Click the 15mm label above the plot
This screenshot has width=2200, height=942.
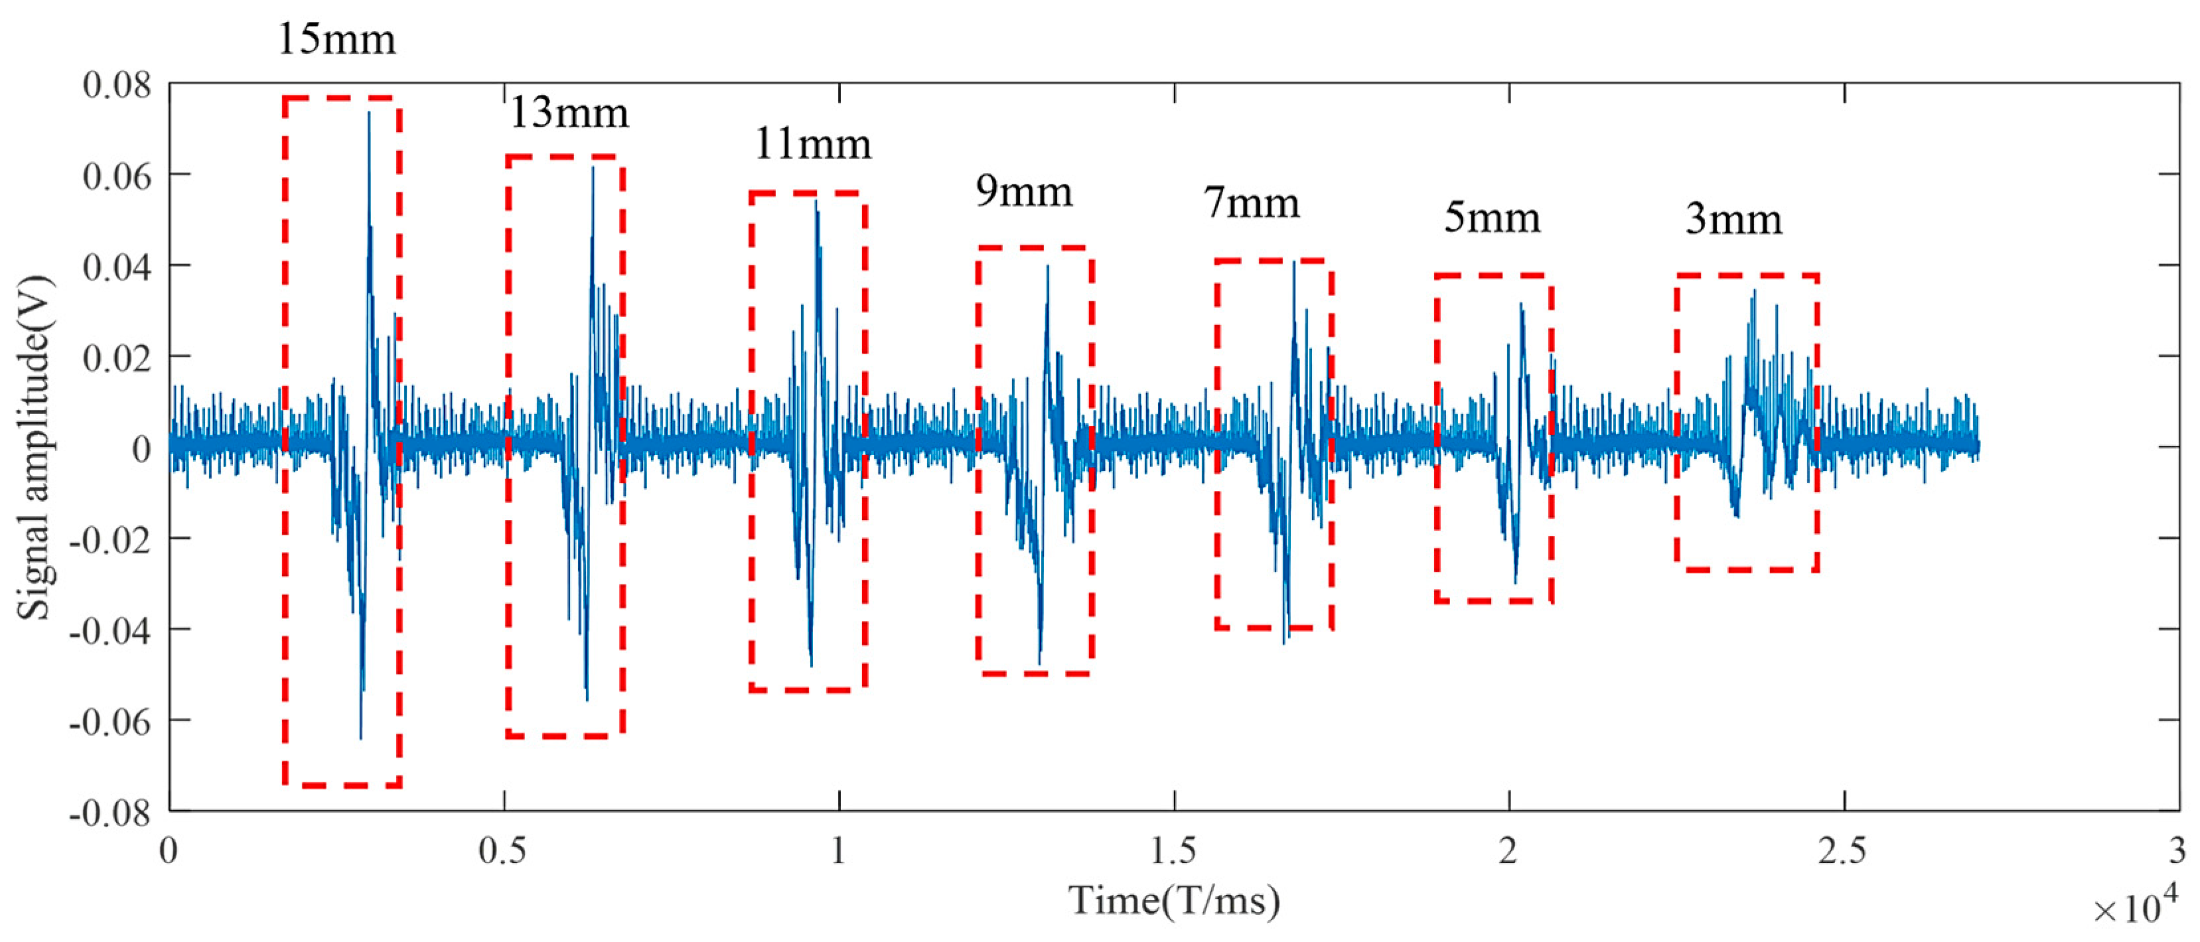[x=336, y=40]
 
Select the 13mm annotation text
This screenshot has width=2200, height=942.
[x=569, y=113]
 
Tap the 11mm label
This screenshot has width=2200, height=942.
[x=812, y=145]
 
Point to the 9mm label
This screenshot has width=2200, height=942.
[x=1024, y=192]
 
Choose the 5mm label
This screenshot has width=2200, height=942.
[x=1492, y=219]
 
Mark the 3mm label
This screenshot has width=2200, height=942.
[x=1733, y=220]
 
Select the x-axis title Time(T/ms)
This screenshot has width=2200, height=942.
[x=1174, y=901]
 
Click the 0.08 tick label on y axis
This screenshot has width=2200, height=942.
[x=117, y=86]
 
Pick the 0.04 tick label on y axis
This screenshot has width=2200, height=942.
[x=117, y=267]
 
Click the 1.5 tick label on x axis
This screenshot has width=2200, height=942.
[x=1173, y=852]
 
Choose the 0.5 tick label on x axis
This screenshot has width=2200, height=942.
[x=503, y=852]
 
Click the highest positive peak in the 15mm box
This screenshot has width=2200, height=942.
[x=369, y=113]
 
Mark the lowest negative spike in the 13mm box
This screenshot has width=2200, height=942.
[x=587, y=699]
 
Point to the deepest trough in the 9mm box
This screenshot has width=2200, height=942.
[x=1039, y=663]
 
